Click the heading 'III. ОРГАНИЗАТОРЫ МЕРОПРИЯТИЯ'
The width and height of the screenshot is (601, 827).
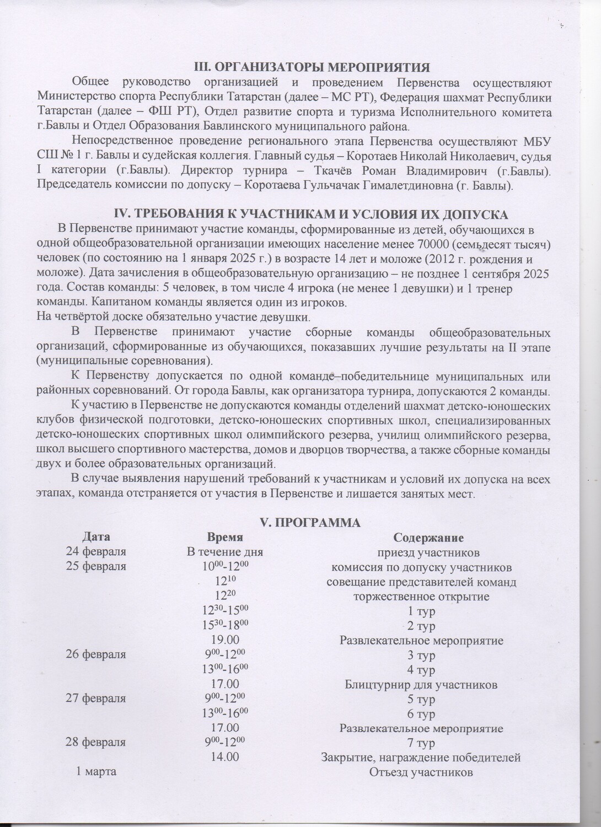pos(313,68)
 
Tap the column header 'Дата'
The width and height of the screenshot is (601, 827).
pos(96,537)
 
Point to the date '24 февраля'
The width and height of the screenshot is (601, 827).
pos(96,552)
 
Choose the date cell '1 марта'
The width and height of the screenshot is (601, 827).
pos(96,772)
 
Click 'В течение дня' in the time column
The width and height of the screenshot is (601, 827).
pos(224,552)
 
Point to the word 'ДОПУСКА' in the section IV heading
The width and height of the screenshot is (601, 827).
pos(474,214)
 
